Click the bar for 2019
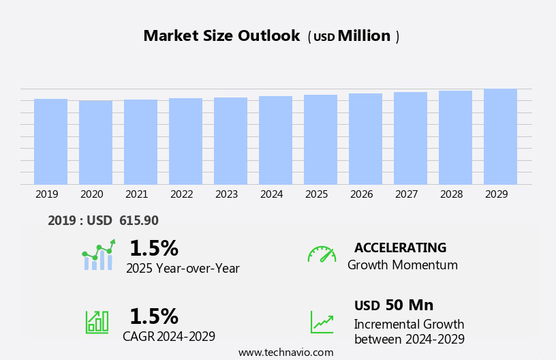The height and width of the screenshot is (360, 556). click(x=50, y=142)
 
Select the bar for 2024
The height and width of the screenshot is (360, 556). click(x=275, y=140)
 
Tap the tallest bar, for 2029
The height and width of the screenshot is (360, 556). click(x=500, y=137)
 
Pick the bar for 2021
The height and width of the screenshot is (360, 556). click(x=140, y=142)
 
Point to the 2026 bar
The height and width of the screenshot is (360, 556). click(x=365, y=139)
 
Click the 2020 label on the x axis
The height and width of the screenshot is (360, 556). click(x=91, y=194)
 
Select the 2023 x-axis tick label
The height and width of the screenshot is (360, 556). click(x=226, y=194)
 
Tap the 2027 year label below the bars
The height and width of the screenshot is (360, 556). click(x=406, y=194)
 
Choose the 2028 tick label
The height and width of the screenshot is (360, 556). click(x=451, y=194)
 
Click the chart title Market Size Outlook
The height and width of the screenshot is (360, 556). click(x=221, y=36)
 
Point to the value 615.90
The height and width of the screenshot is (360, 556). click(x=139, y=221)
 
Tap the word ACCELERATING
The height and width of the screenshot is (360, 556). click(x=400, y=248)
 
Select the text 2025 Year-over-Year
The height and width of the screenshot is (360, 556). click(x=183, y=269)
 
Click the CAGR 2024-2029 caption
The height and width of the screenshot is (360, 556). click(x=169, y=336)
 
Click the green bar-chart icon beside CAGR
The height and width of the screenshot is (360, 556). click(x=97, y=321)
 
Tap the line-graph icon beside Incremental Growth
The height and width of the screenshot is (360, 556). click(x=322, y=322)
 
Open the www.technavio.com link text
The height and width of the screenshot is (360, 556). click(x=285, y=352)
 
